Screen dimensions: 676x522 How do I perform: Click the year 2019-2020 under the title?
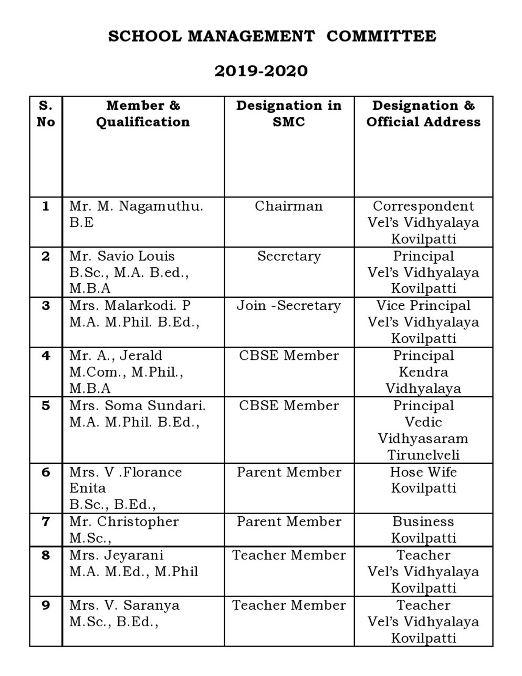coord(261,71)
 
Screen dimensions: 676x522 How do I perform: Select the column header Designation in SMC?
coord(289,113)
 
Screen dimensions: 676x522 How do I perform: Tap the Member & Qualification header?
coord(143,113)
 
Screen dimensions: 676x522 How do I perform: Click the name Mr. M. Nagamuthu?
coord(136,206)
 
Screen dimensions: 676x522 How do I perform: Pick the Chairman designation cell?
coord(289,206)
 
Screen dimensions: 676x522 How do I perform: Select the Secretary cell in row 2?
coord(289,256)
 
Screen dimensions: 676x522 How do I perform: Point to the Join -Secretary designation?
coord(289,306)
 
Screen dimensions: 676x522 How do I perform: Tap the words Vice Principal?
coord(423,306)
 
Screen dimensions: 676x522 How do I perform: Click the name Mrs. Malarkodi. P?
coord(130,306)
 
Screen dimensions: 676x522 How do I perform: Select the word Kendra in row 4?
coord(423,372)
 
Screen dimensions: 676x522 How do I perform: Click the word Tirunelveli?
coord(423,455)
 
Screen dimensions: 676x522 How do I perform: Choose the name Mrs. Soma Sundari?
coord(137,405)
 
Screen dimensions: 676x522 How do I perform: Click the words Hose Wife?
coord(423,472)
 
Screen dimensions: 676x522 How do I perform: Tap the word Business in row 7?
coord(423,522)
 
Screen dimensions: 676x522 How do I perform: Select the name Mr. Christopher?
coord(124,522)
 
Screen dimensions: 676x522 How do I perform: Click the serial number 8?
coord(46,555)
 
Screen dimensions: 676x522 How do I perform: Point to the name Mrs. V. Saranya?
coord(124,605)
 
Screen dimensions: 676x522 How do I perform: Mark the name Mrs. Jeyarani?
coord(117,555)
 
